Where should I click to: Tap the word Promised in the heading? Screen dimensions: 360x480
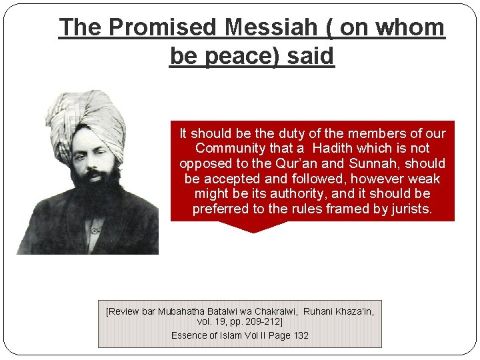click(x=162, y=27)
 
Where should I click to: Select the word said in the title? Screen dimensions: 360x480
click(x=310, y=55)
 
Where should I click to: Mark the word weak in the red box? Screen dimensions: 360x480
click(x=425, y=179)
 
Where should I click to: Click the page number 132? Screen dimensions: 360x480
click(x=301, y=335)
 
